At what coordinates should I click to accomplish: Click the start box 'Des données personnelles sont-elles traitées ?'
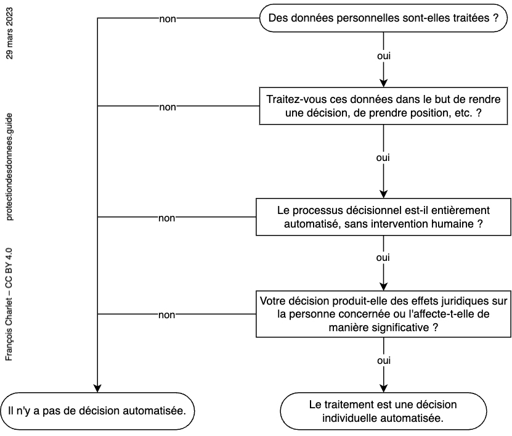click(383, 18)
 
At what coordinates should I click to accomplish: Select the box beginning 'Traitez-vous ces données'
click(383, 106)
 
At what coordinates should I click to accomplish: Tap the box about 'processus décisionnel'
click(383, 216)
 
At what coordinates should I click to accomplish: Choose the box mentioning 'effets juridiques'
click(383, 314)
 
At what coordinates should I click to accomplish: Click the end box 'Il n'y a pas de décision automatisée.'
click(97, 411)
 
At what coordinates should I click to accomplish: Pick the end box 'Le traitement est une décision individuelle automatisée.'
click(383, 411)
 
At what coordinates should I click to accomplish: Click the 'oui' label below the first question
click(384, 56)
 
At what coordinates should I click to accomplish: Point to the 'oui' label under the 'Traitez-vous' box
click(383, 158)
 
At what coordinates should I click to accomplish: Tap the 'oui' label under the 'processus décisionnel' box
click(383, 258)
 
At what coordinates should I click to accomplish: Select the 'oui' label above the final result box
click(384, 361)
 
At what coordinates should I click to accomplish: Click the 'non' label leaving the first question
click(168, 19)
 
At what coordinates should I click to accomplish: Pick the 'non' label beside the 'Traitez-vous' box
click(168, 107)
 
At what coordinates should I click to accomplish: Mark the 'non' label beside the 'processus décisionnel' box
click(167, 218)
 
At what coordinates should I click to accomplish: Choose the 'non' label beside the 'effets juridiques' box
click(167, 315)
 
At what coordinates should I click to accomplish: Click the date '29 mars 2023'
click(9, 33)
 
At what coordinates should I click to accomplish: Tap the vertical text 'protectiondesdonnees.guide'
click(9, 167)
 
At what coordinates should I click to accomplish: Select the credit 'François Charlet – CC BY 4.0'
click(9, 304)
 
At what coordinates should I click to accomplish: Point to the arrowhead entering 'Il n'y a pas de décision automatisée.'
click(97, 389)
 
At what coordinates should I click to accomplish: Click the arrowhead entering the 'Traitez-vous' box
click(383, 83)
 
